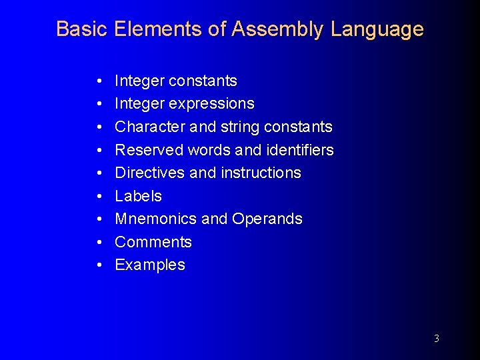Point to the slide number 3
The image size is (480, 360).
tap(437, 339)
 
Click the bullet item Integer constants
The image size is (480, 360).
tap(176, 81)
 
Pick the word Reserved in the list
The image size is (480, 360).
tap(149, 150)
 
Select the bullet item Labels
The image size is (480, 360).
tap(139, 196)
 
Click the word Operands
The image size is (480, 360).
tap(267, 219)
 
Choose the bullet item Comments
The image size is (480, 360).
tap(153, 242)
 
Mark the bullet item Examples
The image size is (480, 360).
tap(150, 265)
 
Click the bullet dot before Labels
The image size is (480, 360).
tap(98, 196)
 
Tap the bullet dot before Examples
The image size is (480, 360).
tap(98, 265)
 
